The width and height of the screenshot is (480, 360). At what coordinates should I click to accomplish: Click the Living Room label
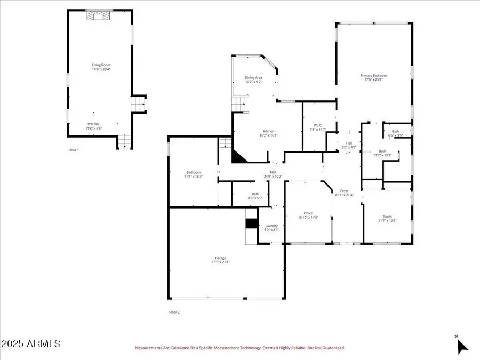click(x=100, y=65)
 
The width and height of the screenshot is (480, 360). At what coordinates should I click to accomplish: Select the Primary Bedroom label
click(x=375, y=76)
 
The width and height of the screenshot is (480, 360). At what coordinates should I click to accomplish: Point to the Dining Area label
click(x=253, y=78)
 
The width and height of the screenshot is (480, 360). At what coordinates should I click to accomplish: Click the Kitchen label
click(x=268, y=131)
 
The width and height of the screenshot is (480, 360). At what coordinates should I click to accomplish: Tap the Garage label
click(x=221, y=258)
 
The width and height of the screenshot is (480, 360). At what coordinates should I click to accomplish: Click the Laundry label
click(x=271, y=226)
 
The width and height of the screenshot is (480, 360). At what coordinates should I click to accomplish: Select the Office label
click(x=308, y=213)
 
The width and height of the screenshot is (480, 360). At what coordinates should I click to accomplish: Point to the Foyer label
click(x=345, y=191)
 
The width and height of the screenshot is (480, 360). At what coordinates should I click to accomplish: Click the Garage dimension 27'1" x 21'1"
click(x=221, y=262)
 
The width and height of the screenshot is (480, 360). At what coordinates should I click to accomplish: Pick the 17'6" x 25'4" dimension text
click(x=375, y=80)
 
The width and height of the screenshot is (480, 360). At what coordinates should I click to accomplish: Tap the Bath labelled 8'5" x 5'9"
click(x=255, y=194)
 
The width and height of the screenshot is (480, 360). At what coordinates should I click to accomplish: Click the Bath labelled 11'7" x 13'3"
click(x=382, y=151)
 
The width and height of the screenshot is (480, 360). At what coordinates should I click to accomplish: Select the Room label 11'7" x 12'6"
click(x=387, y=217)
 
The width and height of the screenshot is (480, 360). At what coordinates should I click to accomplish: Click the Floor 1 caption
click(x=74, y=150)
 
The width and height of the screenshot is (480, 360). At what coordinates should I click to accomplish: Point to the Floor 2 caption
click(x=174, y=312)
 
